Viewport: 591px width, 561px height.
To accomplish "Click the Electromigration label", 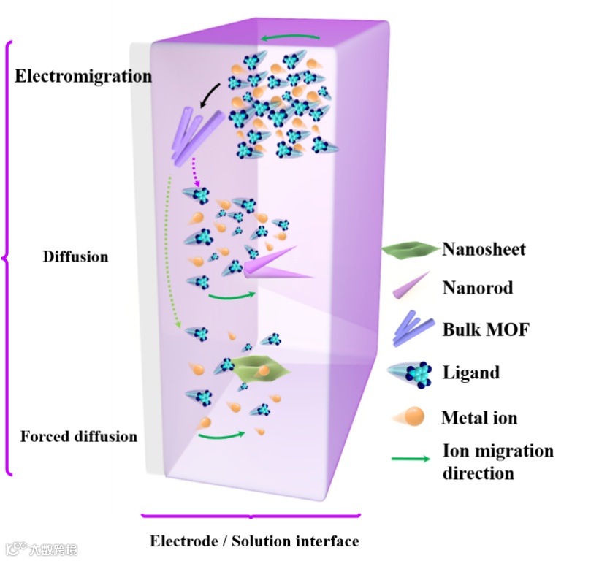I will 83,75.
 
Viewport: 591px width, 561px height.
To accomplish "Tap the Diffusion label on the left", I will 75,257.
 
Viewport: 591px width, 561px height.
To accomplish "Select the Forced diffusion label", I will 78,437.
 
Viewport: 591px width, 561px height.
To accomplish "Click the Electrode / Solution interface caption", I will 254,541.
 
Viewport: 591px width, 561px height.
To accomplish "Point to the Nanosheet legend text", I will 484,250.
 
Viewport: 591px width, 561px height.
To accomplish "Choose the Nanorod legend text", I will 477,288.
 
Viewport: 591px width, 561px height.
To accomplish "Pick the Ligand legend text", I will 471,373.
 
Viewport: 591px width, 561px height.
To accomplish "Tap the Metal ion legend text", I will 479,419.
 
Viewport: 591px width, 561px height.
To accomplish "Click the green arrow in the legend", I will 413,460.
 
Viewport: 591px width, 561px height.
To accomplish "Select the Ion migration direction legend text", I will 497,462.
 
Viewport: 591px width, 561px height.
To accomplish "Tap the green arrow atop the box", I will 291,37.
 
